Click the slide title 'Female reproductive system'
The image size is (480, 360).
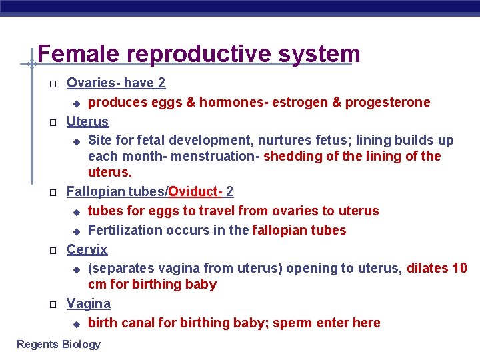199,54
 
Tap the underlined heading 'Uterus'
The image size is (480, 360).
87,121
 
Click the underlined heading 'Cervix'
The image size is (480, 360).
87,249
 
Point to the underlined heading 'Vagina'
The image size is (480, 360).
89,303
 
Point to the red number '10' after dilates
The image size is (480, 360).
460,268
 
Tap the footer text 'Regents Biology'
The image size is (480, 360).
59,344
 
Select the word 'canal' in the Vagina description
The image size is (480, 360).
140,323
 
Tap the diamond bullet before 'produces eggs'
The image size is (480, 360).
76,103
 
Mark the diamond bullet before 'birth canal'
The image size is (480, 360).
76,323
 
